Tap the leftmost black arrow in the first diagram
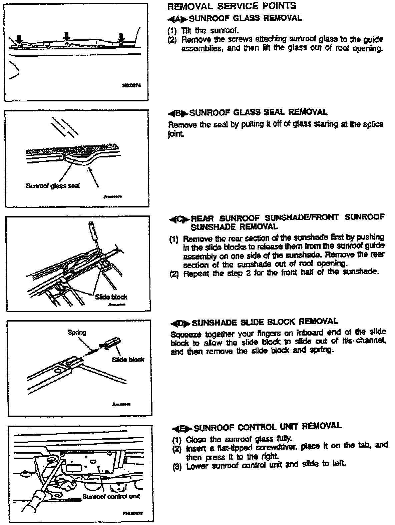(19, 37)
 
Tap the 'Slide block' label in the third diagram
(111, 297)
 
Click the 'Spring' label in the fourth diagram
(77, 333)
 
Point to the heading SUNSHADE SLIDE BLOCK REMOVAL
(265, 323)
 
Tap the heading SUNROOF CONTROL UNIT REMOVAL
(268, 427)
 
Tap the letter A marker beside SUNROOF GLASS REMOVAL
(177, 18)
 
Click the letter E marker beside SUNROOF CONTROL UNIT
(182, 428)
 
